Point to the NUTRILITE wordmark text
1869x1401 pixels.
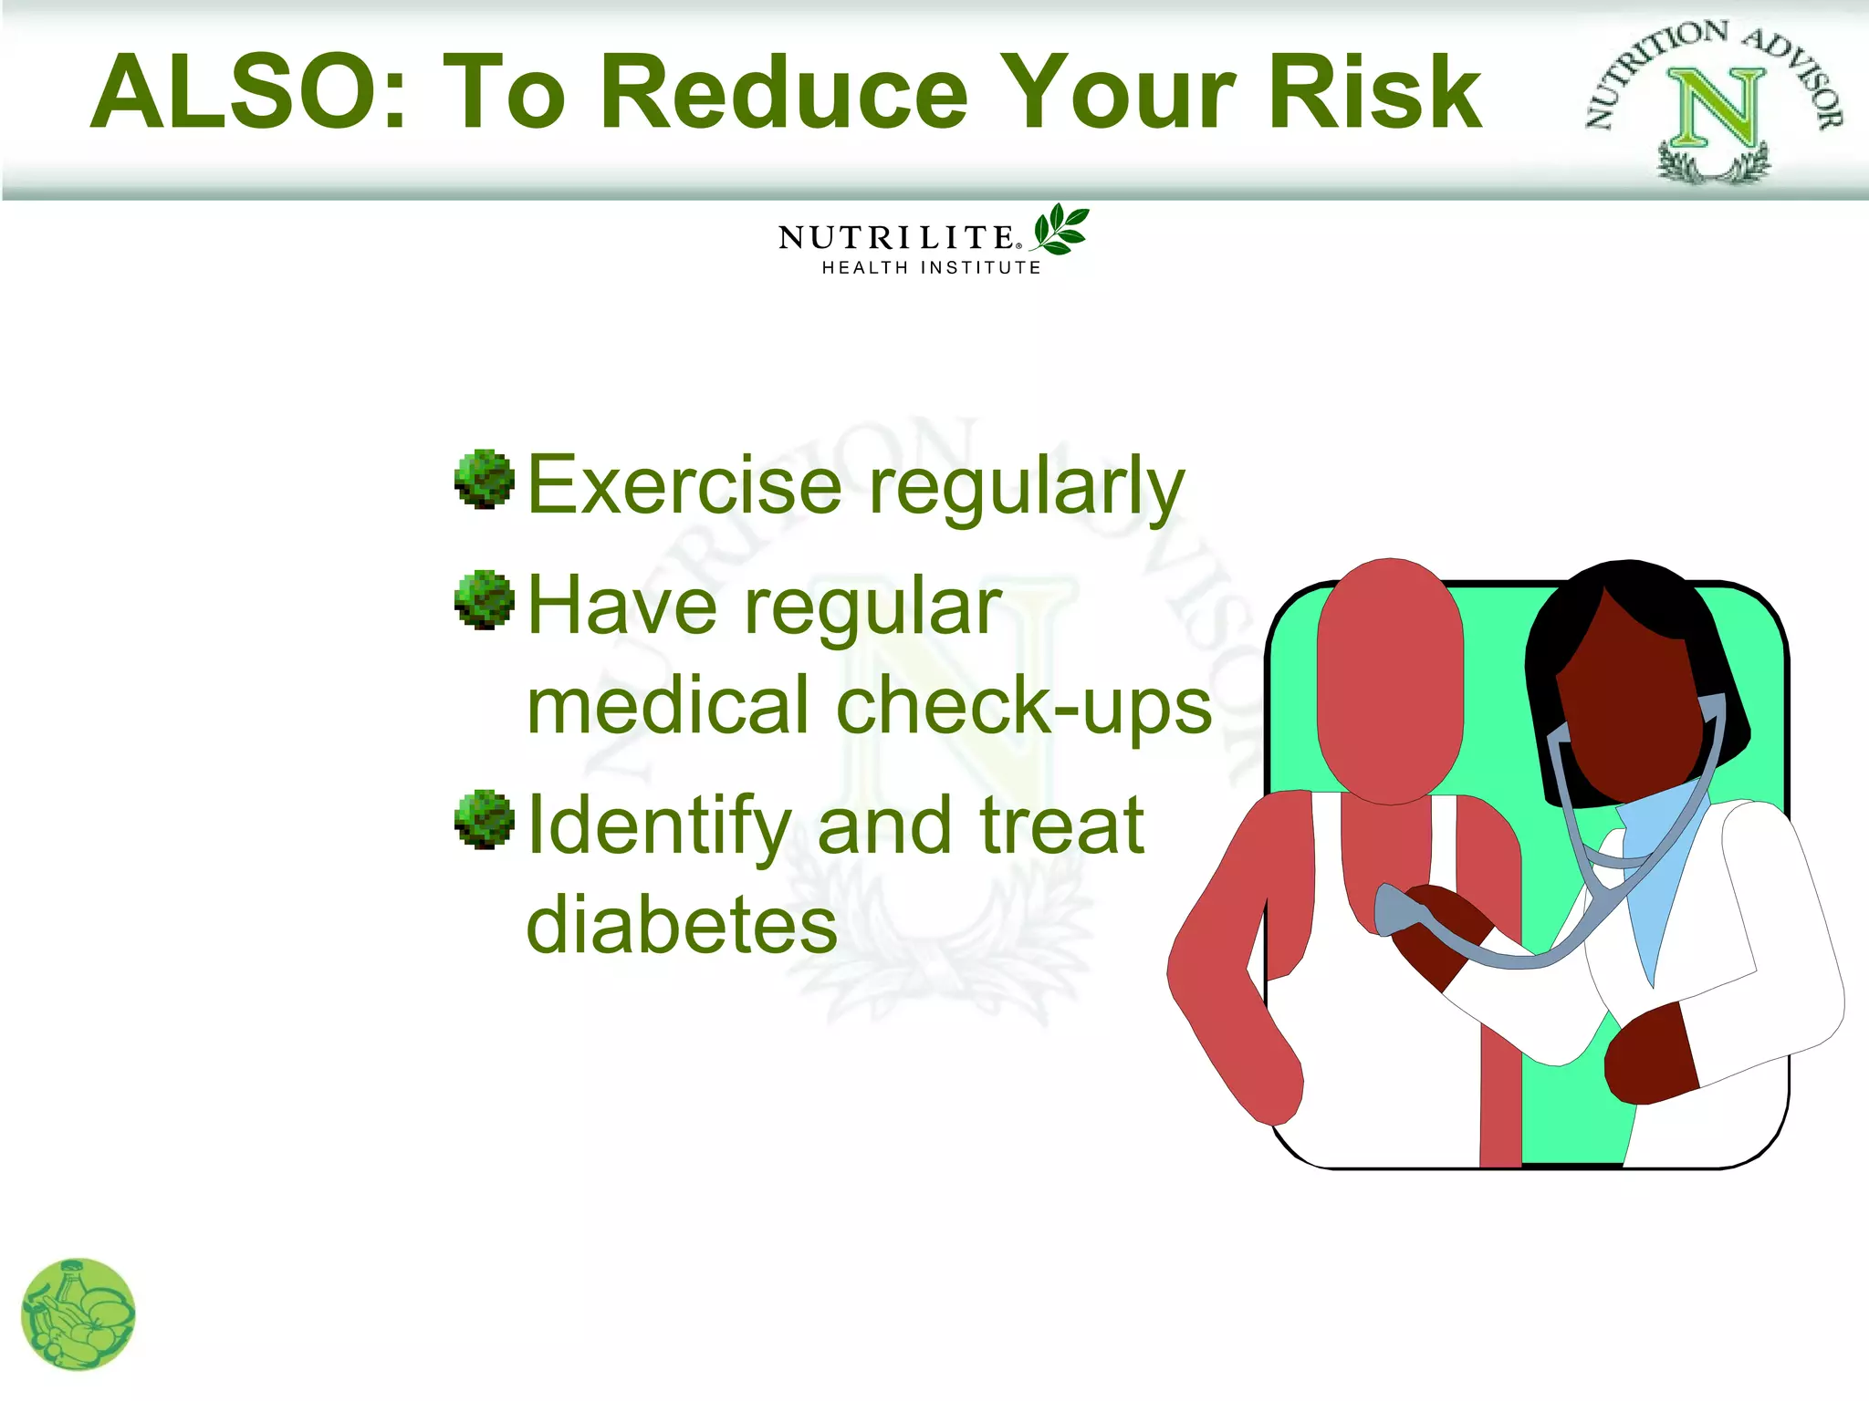click(x=896, y=238)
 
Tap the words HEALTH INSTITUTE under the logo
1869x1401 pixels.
click(x=931, y=268)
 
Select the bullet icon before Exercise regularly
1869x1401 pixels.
click(x=484, y=479)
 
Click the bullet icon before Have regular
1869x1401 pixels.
click(x=484, y=600)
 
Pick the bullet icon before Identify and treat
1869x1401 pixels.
click(x=484, y=819)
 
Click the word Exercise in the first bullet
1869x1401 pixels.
click(x=684, y=485)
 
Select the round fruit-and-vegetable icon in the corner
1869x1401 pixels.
click(x=78, y=1314)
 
